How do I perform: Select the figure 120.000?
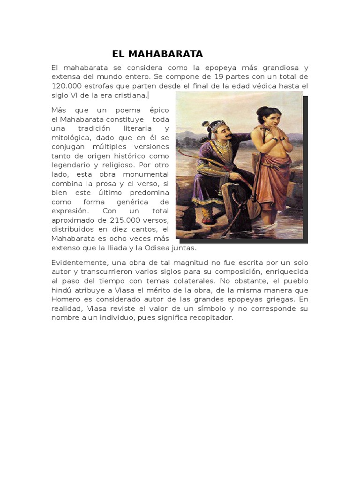tap(66, 86)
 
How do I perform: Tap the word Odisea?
tap(162, 248)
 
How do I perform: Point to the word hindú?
tap(61, 290)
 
